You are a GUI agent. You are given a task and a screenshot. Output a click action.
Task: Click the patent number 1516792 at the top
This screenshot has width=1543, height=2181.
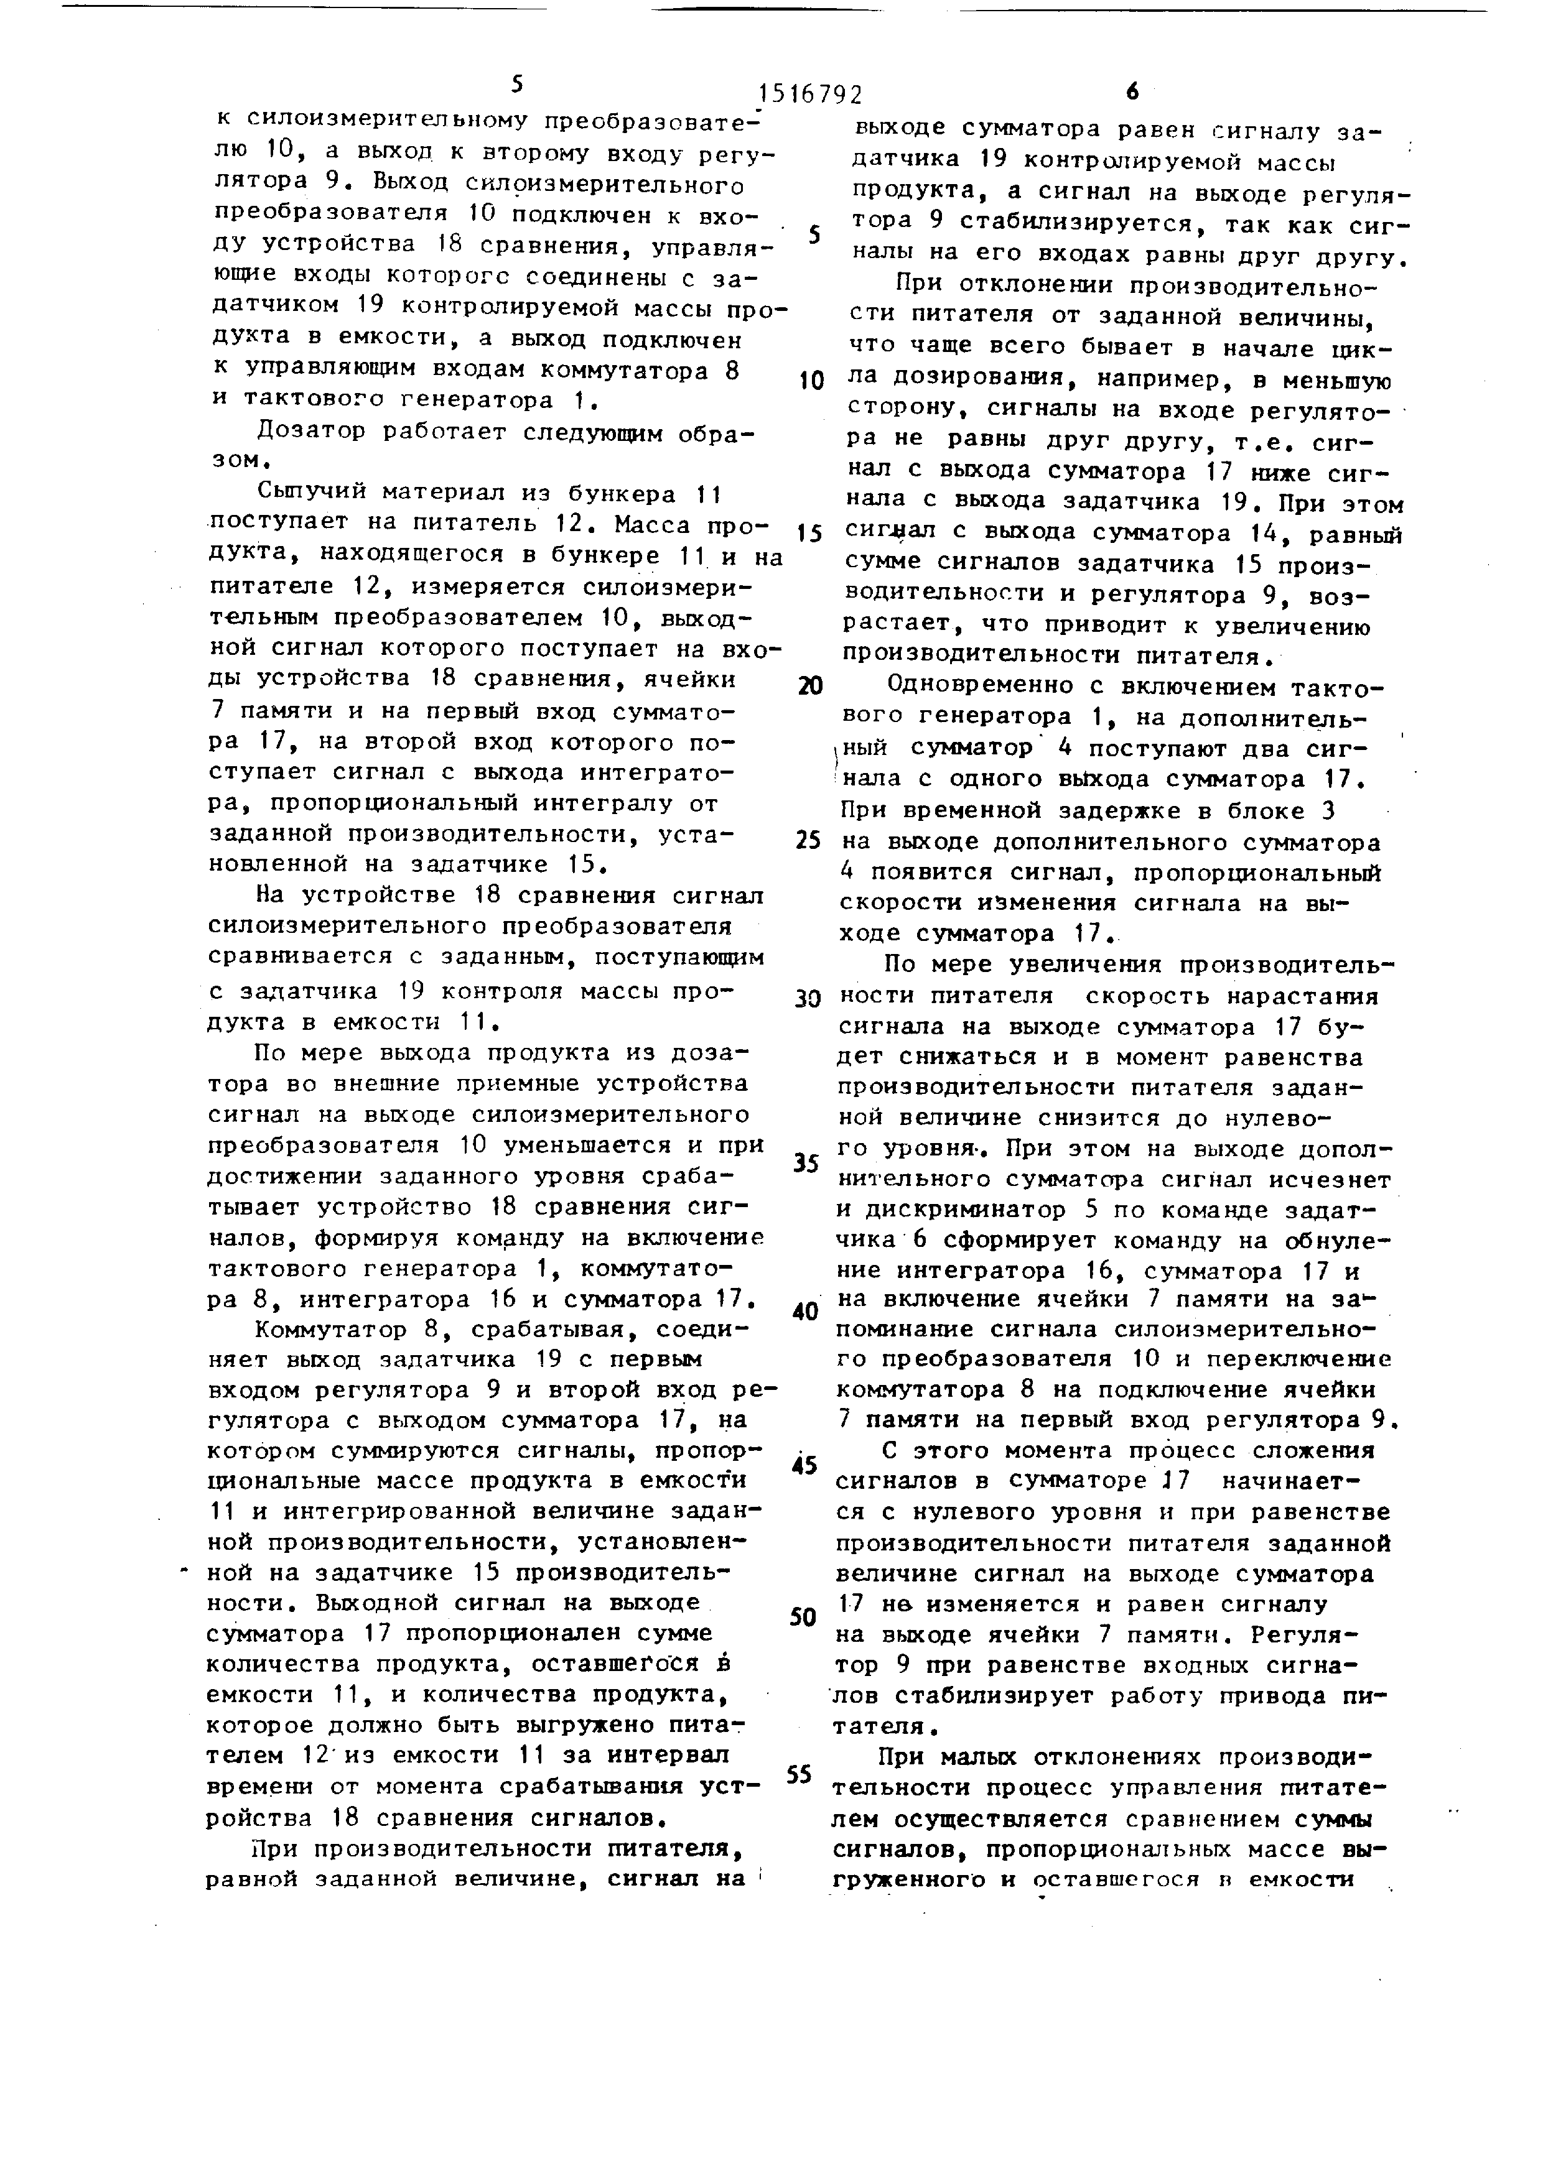click(x=811, y=94)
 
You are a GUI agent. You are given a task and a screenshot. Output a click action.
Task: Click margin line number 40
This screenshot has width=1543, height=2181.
click(x=804, y=1312)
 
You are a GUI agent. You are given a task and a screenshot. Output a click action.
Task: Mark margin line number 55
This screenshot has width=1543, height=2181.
click(x=801, y=1774)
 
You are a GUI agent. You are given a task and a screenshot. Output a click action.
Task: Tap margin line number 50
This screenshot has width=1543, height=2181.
click(x=804, y=1618)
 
